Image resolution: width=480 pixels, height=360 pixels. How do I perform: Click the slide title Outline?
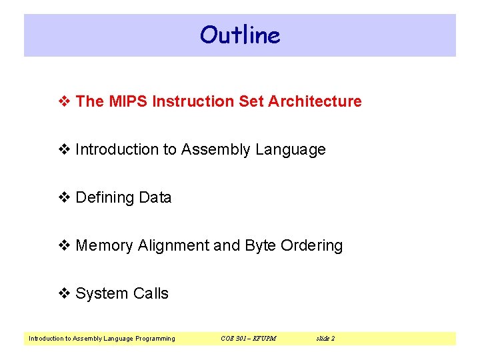coord(240,35)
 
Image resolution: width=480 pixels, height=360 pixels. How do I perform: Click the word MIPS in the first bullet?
coord(127,101)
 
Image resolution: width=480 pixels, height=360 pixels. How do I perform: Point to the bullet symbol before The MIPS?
coord(65,102)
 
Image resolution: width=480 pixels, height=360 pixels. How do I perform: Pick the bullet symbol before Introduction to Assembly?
coord(65,150)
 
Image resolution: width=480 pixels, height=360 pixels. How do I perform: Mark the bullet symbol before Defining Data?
coord(65,198)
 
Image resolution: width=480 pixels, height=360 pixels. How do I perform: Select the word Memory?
coord(105,245)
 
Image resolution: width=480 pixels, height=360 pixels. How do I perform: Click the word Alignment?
coord(173,245)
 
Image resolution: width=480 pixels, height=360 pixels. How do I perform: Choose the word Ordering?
coord(312,245)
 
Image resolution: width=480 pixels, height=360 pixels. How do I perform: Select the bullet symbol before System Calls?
coord(65,294)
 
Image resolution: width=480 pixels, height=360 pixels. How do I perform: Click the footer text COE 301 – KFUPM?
coord(248,339)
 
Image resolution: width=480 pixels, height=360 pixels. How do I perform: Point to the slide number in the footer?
coord(325,339)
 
